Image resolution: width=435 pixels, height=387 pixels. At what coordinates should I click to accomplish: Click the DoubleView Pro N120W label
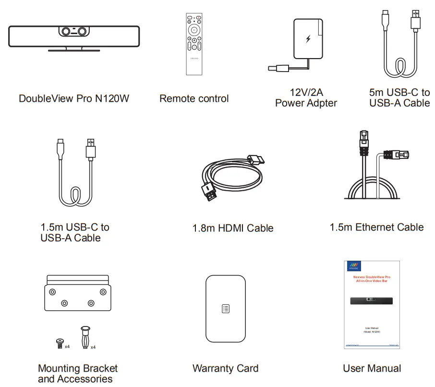(74, 98)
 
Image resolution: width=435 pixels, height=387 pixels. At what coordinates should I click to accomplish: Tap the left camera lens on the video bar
(65, 31)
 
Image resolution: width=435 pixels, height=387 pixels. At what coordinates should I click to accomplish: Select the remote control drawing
(194, 44)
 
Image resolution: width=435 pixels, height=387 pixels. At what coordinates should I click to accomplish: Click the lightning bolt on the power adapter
(308, 39)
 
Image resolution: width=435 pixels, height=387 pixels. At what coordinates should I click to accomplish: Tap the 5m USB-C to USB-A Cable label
(399, 97)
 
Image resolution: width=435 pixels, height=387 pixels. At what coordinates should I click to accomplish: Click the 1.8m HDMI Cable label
(233, 229)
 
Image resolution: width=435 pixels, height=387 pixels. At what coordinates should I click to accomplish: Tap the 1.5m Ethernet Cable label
(376, 227)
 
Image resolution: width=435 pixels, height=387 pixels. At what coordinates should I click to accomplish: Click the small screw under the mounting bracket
(60, 342)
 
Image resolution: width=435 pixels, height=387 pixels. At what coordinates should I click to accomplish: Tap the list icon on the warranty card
(226, 309)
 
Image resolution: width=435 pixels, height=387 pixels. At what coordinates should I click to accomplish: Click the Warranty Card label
(225, 368)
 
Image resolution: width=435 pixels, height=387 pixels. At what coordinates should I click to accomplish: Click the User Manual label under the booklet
(372, 368)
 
